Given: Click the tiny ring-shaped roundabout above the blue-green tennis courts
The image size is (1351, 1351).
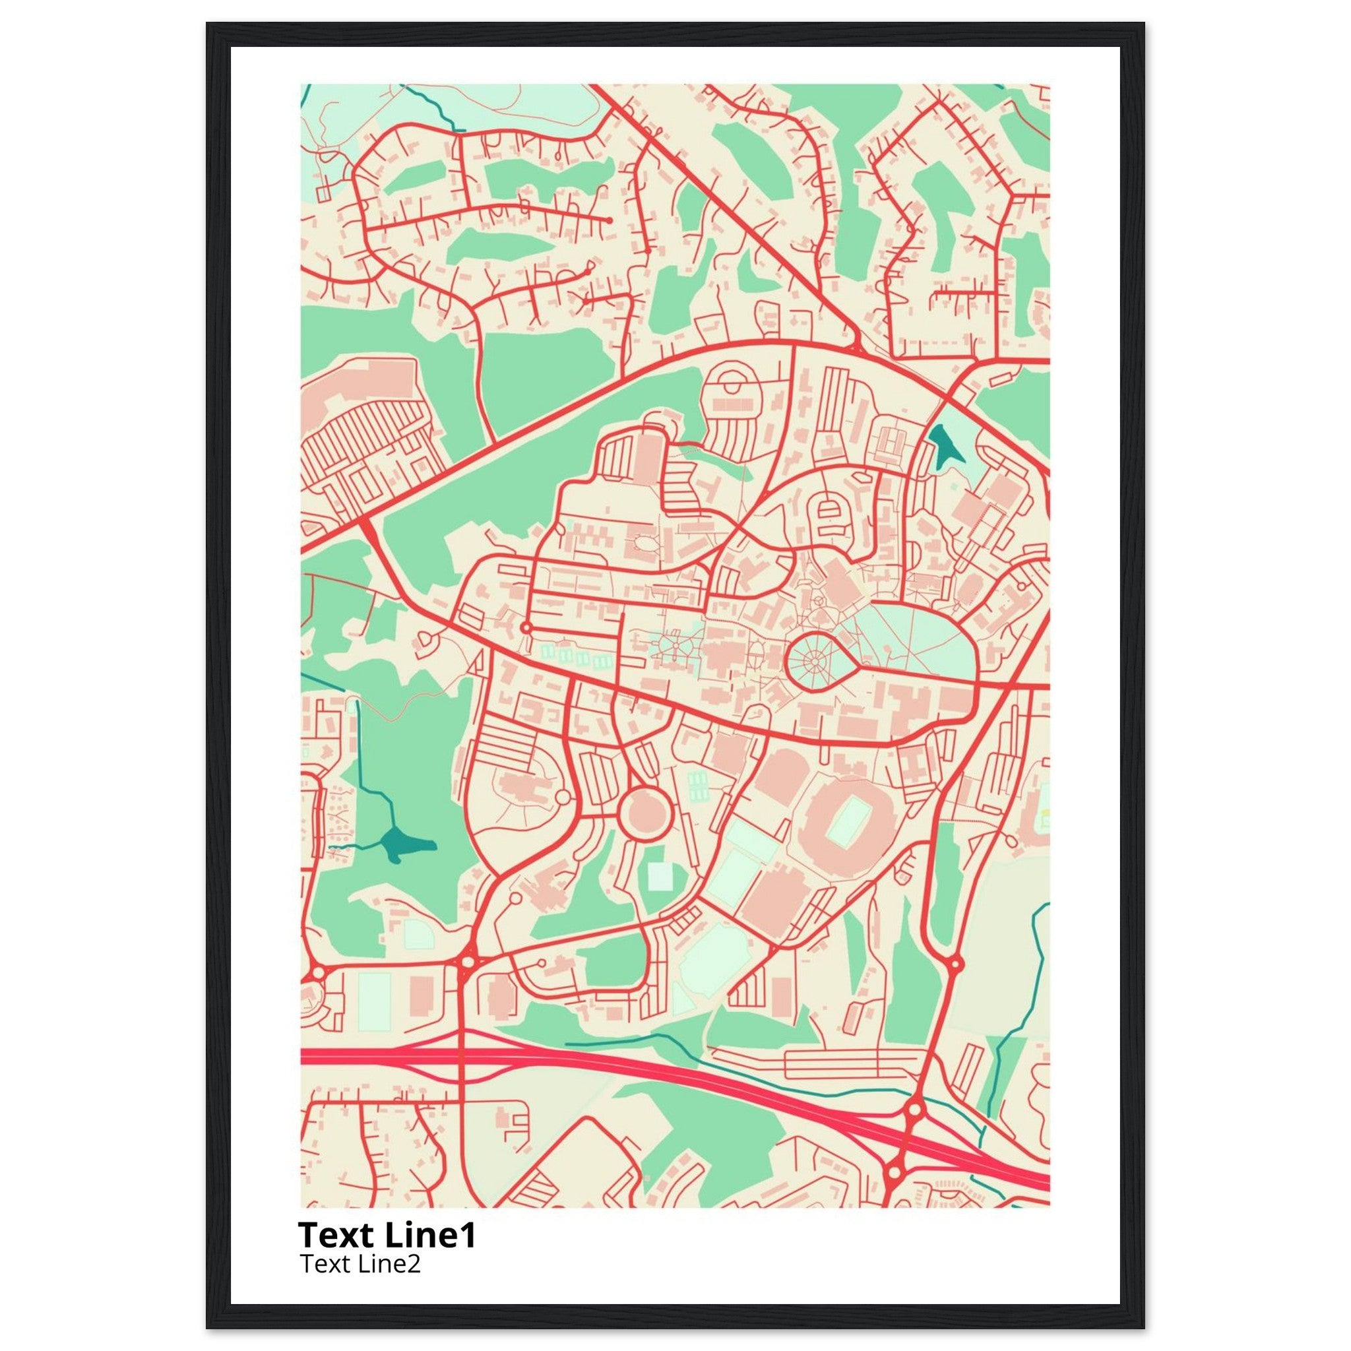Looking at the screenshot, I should (x=526, y=628).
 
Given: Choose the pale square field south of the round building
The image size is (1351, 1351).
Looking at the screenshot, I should (x=659, y=875).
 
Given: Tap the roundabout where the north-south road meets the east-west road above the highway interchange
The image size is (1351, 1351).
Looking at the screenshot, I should (x=468, y=962).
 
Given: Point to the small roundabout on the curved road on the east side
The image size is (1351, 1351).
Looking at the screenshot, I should (x=957, y=964).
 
